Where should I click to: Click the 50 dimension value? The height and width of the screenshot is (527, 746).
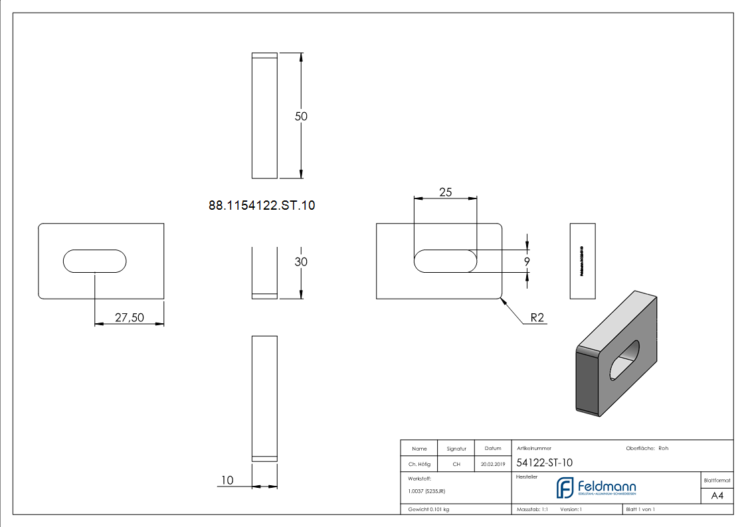click(x=301, y=116)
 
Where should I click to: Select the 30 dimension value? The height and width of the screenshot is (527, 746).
click(x=301, y=262)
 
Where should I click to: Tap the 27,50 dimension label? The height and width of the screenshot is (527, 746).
click(x=129, y=318)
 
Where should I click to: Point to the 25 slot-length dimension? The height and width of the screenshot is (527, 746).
click(x=445, y=192)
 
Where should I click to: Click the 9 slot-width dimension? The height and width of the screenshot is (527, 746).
click(x=527, y=262)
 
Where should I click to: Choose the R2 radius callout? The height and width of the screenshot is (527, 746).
click(x=537, y=318)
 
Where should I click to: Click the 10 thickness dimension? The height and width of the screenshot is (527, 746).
click(x=227, y=480)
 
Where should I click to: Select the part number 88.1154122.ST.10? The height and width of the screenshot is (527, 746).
click(x=262, y=206)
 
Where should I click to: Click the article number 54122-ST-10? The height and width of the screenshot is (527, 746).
click(x=544, y=463)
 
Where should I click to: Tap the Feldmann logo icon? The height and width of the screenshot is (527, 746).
click(x=565, y=487)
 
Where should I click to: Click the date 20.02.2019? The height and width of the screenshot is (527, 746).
click(x=492, y=465)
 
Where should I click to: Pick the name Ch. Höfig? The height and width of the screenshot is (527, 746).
click(x=419, y=465)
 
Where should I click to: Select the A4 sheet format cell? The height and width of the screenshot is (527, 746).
click(x=717, y=496)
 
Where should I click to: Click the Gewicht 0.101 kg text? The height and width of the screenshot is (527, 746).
click(x=428, y=510)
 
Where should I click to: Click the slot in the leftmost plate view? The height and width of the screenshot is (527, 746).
click(x=95, y=261)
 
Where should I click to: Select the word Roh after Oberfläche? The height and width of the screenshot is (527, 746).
click(x=663, y=448)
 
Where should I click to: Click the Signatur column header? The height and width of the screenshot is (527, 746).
click(x=456, y=449)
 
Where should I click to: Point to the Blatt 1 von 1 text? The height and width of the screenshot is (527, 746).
click(x=640, y=510)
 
